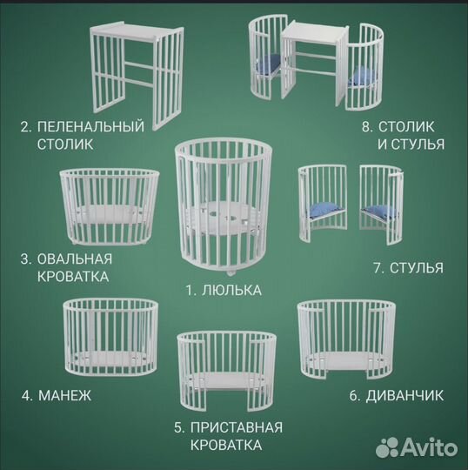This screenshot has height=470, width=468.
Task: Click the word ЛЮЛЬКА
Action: pos(231,290)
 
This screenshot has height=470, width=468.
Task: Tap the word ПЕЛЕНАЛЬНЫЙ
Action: pos(90,126)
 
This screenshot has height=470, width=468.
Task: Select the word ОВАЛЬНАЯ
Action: pos(75,259)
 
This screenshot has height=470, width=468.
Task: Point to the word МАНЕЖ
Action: pos(64,396)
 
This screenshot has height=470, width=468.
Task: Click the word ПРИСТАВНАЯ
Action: pos(237,427)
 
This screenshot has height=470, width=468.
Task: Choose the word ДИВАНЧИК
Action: pos(404,396)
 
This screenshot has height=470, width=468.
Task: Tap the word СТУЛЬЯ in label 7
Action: pos(416,268)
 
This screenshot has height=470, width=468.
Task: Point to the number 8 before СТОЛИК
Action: pos(366,127)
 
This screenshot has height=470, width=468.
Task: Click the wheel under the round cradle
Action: pos(231,273)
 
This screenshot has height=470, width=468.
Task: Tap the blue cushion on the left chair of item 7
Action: pos(324,210)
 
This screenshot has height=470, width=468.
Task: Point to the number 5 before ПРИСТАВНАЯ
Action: pos(178,427)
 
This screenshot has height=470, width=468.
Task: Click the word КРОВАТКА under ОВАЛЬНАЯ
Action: pos(73,277)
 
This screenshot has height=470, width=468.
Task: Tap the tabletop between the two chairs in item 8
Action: pos(315,32)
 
